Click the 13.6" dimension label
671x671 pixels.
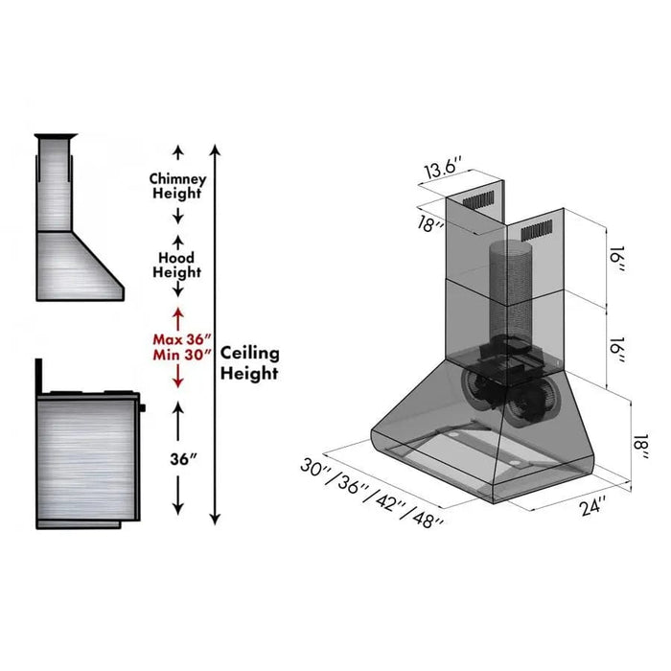[x=443, y=168]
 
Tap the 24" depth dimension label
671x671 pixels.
[x=592, y=507]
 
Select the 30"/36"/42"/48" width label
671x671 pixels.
[x=372, y=493]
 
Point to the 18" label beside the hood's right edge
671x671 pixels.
[x=640, y=447]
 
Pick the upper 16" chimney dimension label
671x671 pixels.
[x=616, y=260]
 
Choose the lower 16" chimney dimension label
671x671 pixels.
[x=616, y=350]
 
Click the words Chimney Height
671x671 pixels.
[x=177, y=186]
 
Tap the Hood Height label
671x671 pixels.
[x=176, y=265]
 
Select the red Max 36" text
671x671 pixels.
[x=182, y=339]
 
